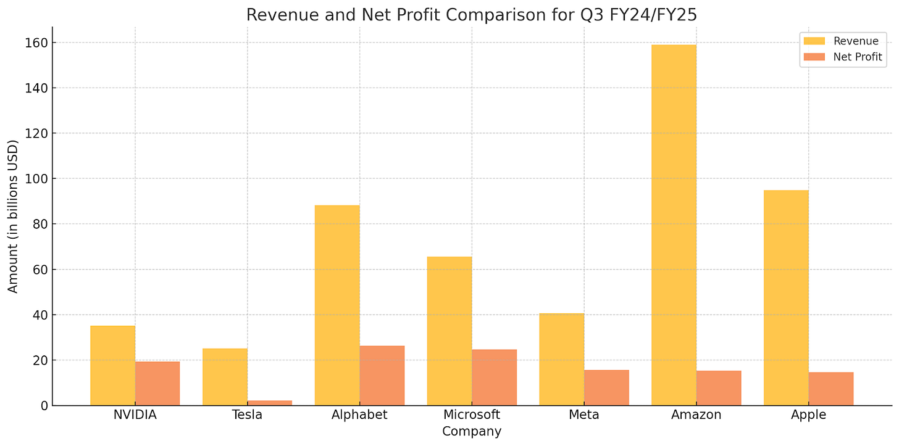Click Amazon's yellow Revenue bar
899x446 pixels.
[674, 225]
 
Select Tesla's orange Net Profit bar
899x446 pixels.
[270, 403]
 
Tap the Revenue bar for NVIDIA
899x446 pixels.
[112, 365]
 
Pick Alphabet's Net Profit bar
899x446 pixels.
[382, 376]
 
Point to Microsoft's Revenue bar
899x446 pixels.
[449, 331]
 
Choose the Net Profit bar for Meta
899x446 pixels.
[606, 387]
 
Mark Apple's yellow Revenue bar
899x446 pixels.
[786, 297]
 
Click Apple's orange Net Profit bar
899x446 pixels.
[831, 389]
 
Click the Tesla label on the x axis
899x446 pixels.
[247, 415]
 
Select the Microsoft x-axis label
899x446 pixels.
[472, 415]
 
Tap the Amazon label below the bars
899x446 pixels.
[696, 415]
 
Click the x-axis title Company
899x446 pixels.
[472, 432]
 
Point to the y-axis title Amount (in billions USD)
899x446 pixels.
[14, 216]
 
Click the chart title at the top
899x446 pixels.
[472, 15]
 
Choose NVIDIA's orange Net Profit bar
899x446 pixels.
[157, 383]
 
